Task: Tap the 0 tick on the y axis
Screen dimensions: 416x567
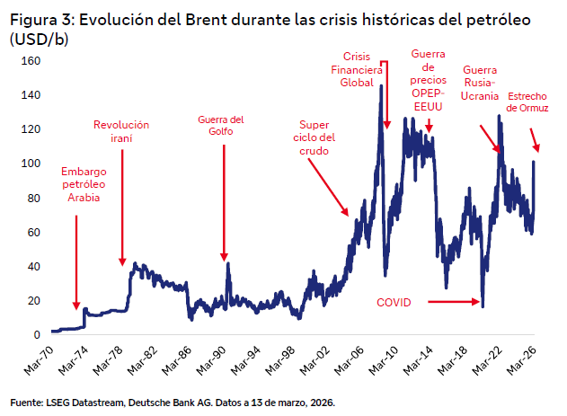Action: click(37, 334)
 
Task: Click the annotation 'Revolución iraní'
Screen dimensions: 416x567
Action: click(121, 132)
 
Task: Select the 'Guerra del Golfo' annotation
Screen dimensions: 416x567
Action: click(221, 126)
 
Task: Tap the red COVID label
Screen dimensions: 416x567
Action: click(393, 303)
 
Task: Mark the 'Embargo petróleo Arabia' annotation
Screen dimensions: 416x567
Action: click(84, 184)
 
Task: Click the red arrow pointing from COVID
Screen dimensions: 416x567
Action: click(454, 303)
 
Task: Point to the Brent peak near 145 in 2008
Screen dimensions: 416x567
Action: click(381, 86)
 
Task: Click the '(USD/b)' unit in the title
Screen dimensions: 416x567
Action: click(39, 40)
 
